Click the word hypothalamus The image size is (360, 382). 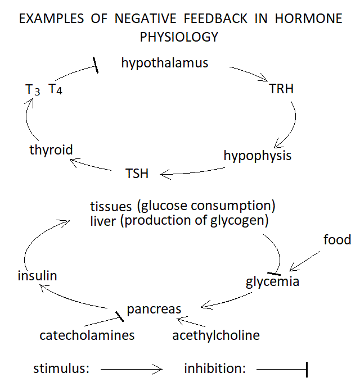[x=165, y=63]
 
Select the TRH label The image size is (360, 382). [x=281, y=89]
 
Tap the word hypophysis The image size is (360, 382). [x=258, y=156]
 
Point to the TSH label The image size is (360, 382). [x=137, y=174]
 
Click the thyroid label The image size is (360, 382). [x=51, y=150]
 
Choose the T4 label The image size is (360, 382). [x=55, y=89]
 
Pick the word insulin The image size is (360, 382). [x=37, y=276]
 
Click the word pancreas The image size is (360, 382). [x=154, y=310]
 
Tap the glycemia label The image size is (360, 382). [x=272, y=282]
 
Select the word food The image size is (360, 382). [x=337, y=240]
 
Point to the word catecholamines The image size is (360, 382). [x=87, y=335]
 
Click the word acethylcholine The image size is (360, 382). [x=216, y=335]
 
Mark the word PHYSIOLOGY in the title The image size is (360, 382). [x=179, y=37]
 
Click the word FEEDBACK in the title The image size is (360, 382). [x=215, y=19]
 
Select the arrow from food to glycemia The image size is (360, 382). [x=305, y=261]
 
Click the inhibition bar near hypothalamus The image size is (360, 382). [x=96, y=65]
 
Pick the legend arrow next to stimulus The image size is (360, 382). [x=132, y=369]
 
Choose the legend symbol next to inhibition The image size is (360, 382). [x=282, y=370]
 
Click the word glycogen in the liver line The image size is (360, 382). [x=239, y=221]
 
